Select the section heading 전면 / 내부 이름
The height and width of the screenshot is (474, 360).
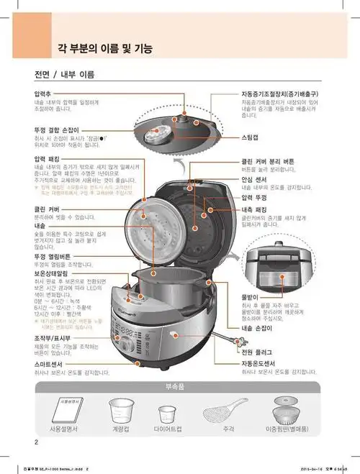click(64, 75)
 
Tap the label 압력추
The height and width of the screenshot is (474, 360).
click(45, 94)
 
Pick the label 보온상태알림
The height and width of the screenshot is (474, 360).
click(53, 273)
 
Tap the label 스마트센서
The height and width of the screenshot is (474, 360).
click(50, 365)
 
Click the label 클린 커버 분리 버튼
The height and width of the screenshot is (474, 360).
click(276, 162)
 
